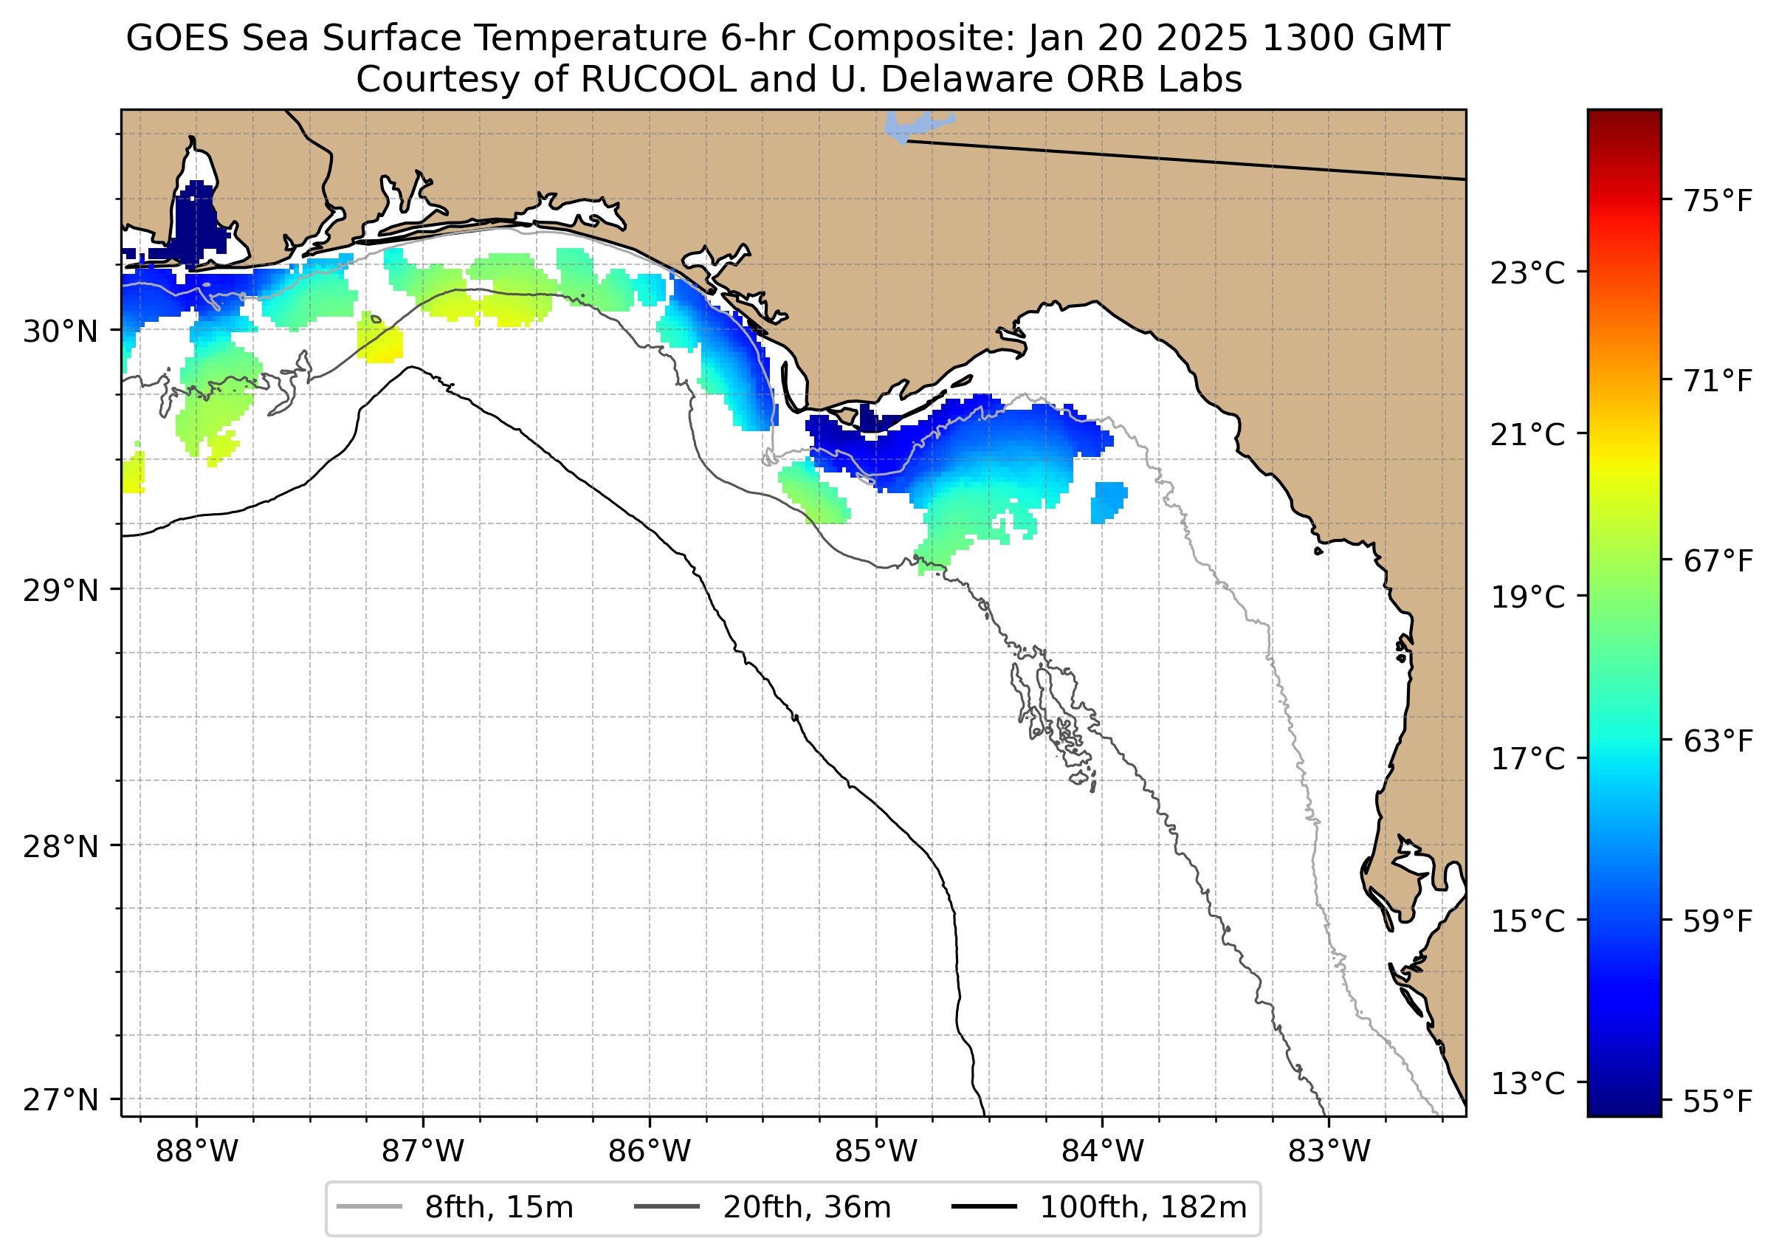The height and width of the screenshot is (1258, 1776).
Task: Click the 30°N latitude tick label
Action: coord(61,331)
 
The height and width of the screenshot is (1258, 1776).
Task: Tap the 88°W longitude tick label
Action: coord(197,1152)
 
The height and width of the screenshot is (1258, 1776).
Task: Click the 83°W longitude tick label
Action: coord(1329,1152)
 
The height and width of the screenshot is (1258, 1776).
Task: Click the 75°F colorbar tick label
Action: coord(1718,202)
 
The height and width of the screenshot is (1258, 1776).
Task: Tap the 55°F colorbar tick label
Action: coord(1718,1101)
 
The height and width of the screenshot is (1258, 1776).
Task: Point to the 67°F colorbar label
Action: coord(1718,561)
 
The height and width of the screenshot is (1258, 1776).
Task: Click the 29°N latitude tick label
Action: coord(61,591)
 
